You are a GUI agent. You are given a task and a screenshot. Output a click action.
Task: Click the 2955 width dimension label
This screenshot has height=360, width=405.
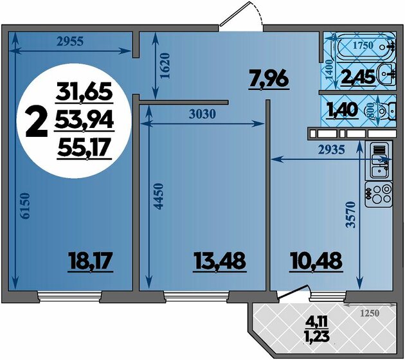click(x=70, y=41)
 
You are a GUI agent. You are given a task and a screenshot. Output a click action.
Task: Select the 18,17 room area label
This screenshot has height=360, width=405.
click(x=90, y=261)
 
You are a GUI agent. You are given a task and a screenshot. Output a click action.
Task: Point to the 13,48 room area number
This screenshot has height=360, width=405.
click(x=220, y=261)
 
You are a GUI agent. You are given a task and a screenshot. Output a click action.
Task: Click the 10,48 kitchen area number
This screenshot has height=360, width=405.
click(x=316, y=261)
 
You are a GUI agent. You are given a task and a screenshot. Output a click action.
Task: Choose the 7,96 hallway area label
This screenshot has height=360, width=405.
click(x=269, y=80)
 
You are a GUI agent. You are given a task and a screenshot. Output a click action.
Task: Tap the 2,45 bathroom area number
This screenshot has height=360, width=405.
click(x=358, y=78)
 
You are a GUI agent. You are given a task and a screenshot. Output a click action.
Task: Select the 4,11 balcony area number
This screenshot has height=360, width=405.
click(x=316, y=323)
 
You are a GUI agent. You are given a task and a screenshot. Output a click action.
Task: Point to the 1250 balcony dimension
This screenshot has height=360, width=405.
click(x=370, y=313)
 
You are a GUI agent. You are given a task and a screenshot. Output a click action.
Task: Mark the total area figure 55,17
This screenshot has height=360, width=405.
click(x=83, y=147)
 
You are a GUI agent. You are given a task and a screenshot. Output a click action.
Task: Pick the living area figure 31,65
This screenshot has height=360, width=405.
click(x=84, y=92)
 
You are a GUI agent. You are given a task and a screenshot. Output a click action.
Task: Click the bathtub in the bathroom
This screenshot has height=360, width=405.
click(x=366, y=48)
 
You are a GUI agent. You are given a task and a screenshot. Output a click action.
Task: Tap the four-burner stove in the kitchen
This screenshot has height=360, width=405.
click(x=379, y=194)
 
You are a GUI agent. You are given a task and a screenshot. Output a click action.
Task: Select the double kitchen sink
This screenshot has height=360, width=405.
click(x=379, y=161)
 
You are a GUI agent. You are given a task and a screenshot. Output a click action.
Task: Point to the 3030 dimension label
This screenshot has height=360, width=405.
click(x=202, y=114)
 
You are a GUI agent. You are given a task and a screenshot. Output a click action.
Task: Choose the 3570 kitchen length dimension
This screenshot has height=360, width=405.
click(x=351, y=215)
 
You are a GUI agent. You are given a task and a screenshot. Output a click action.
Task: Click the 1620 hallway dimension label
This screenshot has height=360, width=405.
click(x=165, y=66)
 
